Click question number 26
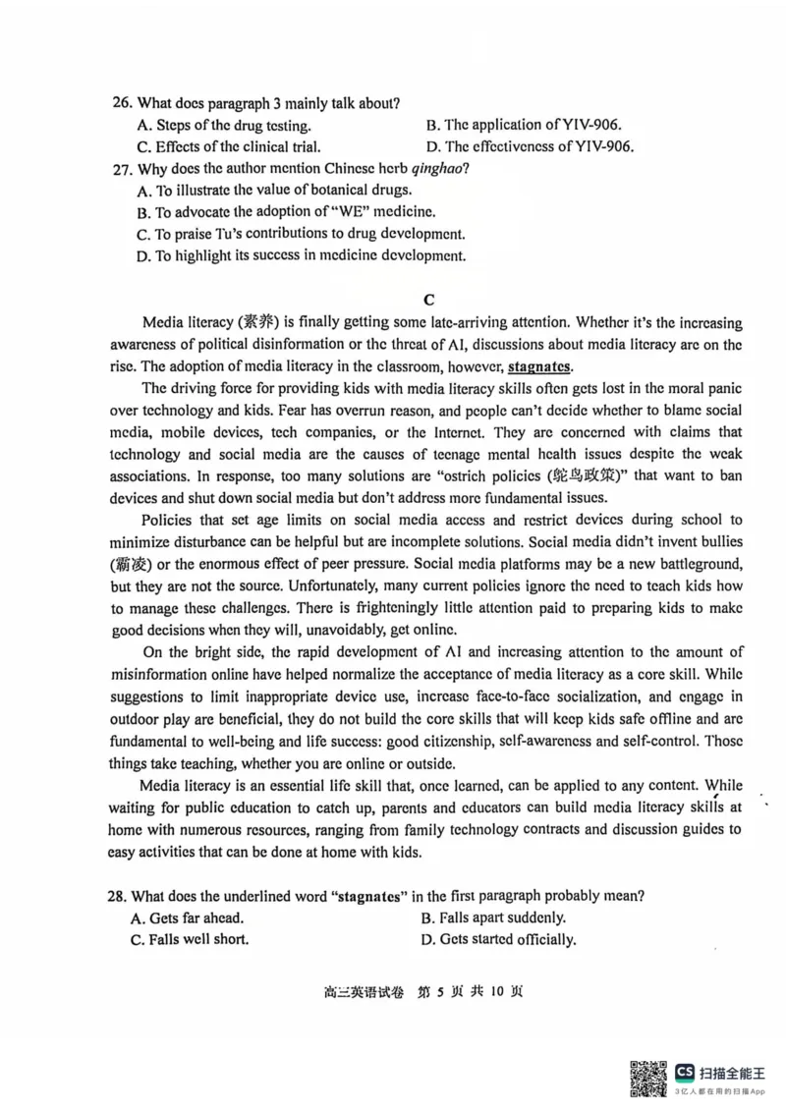(x=122, y=103)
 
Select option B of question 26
(x=524, y=125)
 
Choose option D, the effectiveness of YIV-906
(x=529, y=146)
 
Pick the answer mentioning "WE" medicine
(x=286, y=211)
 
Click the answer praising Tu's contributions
(x=301, y=234)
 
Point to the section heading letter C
(x=427, y=300)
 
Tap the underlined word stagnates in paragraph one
(x=539, y=366)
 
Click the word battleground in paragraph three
(x=686, y=563)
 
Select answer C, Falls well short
(x=189, y=939)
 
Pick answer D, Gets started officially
(x=497, y=939)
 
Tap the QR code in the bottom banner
(x=647, y=1079)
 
